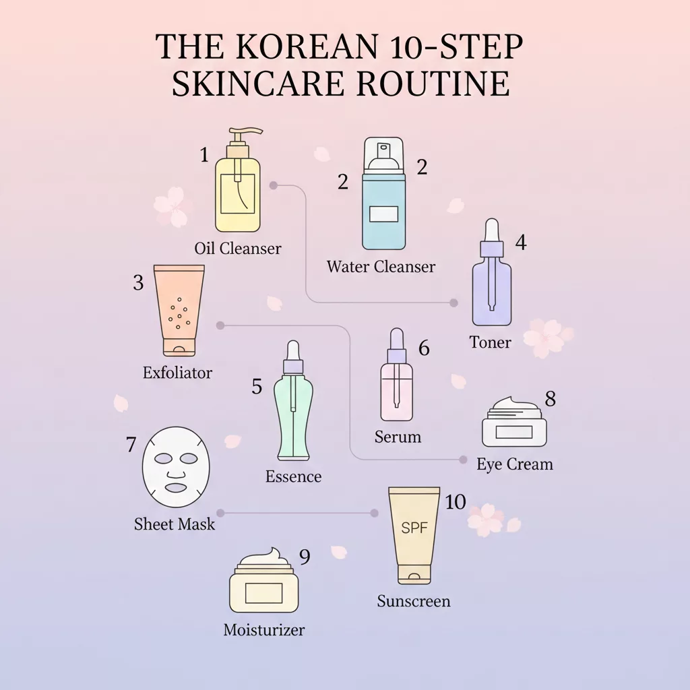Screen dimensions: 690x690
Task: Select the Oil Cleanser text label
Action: click(x=238, y=248)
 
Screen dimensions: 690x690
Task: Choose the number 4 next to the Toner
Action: click(x=521, y=243)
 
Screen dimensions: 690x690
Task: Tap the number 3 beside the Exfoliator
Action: click(x=138, y=282)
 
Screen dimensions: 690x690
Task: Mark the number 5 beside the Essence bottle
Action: click(x=257, y=386)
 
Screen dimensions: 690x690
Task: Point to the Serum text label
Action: click(x=398, y=437)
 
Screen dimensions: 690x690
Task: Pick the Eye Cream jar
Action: click(x=514, y=425)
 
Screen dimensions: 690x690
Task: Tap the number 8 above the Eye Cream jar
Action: click(x=551, y=399)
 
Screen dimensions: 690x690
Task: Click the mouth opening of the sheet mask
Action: click(x=176, y=486)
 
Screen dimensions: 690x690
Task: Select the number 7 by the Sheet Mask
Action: click(x=131, y=445)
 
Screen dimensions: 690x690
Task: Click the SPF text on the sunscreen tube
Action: click(x=414, y=528)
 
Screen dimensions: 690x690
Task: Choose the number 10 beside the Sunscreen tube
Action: click(x=456, y=502)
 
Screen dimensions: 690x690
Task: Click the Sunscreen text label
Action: click(x=414, y=601)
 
